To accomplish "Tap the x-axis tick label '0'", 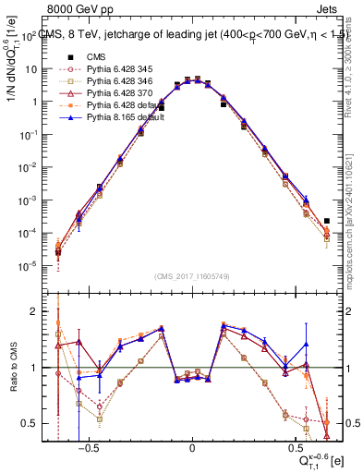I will coord(192,454).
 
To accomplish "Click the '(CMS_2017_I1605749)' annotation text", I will coord(192,276).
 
